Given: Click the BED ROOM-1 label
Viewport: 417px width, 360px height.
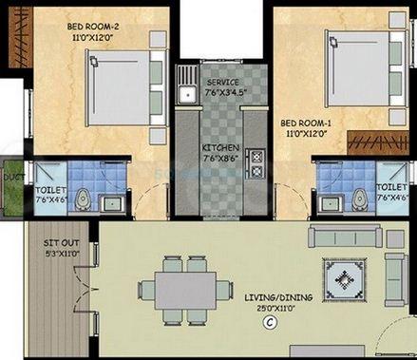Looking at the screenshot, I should click(x=304, y=123).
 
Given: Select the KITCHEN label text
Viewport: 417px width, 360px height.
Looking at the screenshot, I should click(x=221, y=148).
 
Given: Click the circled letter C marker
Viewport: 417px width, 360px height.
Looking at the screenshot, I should click(x=269, y=323).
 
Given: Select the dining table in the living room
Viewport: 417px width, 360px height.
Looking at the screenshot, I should click(x=186, y=285).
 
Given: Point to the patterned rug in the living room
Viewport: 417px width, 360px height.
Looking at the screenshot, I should click(x=341, y=278).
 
